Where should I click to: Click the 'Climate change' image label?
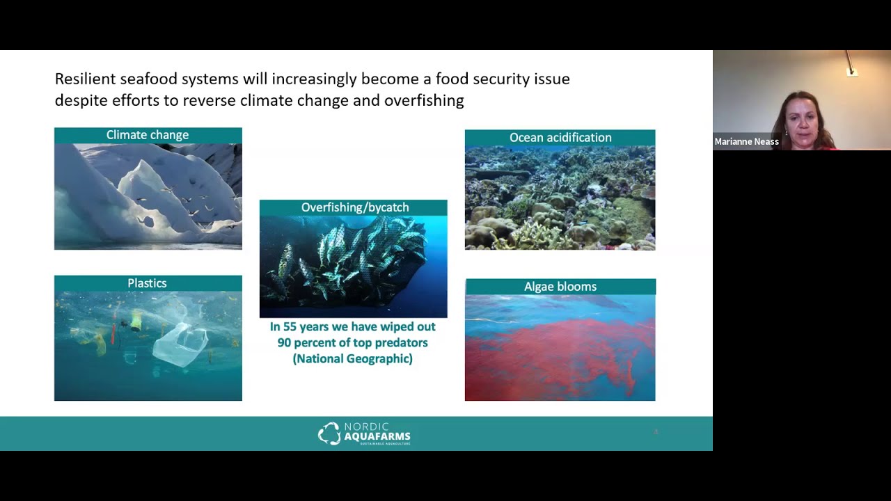click(148, 135)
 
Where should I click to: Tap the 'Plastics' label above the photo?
click(147, 283)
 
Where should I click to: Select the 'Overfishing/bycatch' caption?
click(354, 207)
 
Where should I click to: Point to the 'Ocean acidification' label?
click(560, 138)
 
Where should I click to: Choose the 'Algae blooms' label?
click(560, 287)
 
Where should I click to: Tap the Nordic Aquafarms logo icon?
click(329, 433)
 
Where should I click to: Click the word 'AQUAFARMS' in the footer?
click(377, 436)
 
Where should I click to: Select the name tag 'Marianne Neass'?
click(746, 142)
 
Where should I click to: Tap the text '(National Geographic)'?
click(353, 359)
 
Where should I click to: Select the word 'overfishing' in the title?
click(424, 101)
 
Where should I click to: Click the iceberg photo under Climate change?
click(148, 196)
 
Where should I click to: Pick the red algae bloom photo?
click(560, 347)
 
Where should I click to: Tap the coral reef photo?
click(560, 198)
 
